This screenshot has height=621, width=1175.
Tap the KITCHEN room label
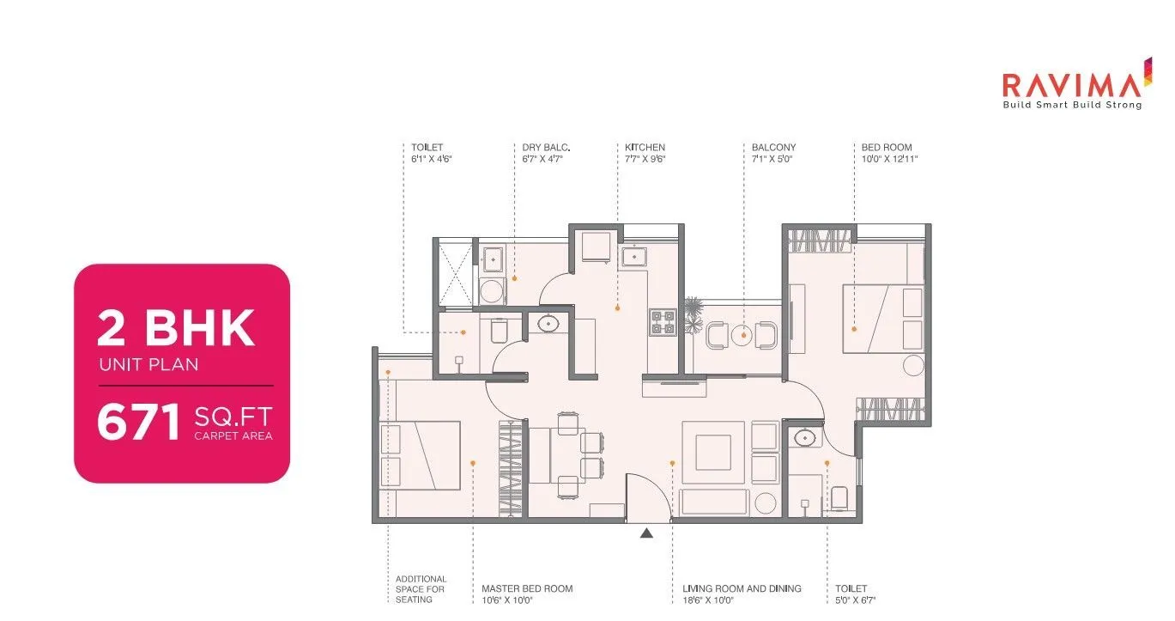coord(645,148)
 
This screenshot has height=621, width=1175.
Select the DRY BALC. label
coord(546,148)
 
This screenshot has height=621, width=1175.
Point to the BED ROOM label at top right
coord(887,148)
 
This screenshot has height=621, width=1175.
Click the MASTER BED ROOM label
coord(527,588)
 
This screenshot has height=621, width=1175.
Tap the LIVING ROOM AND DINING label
coord(742,588)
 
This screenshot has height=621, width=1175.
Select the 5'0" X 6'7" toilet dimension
coord(855,600)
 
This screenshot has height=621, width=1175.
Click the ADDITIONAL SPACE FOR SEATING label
coord(421,588)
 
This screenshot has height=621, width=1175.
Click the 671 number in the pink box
coord(138,423)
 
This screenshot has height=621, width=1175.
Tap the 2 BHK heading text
coord(176,327)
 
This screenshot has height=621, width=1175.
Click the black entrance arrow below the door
coord(647,533)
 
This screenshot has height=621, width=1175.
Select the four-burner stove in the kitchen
coord(663,321)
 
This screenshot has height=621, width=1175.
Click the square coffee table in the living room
coord(713,453)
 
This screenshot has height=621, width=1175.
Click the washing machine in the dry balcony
coord(493,289)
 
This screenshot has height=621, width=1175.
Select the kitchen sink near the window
coord(635,255)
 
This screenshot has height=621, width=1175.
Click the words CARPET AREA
coord(233,436)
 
